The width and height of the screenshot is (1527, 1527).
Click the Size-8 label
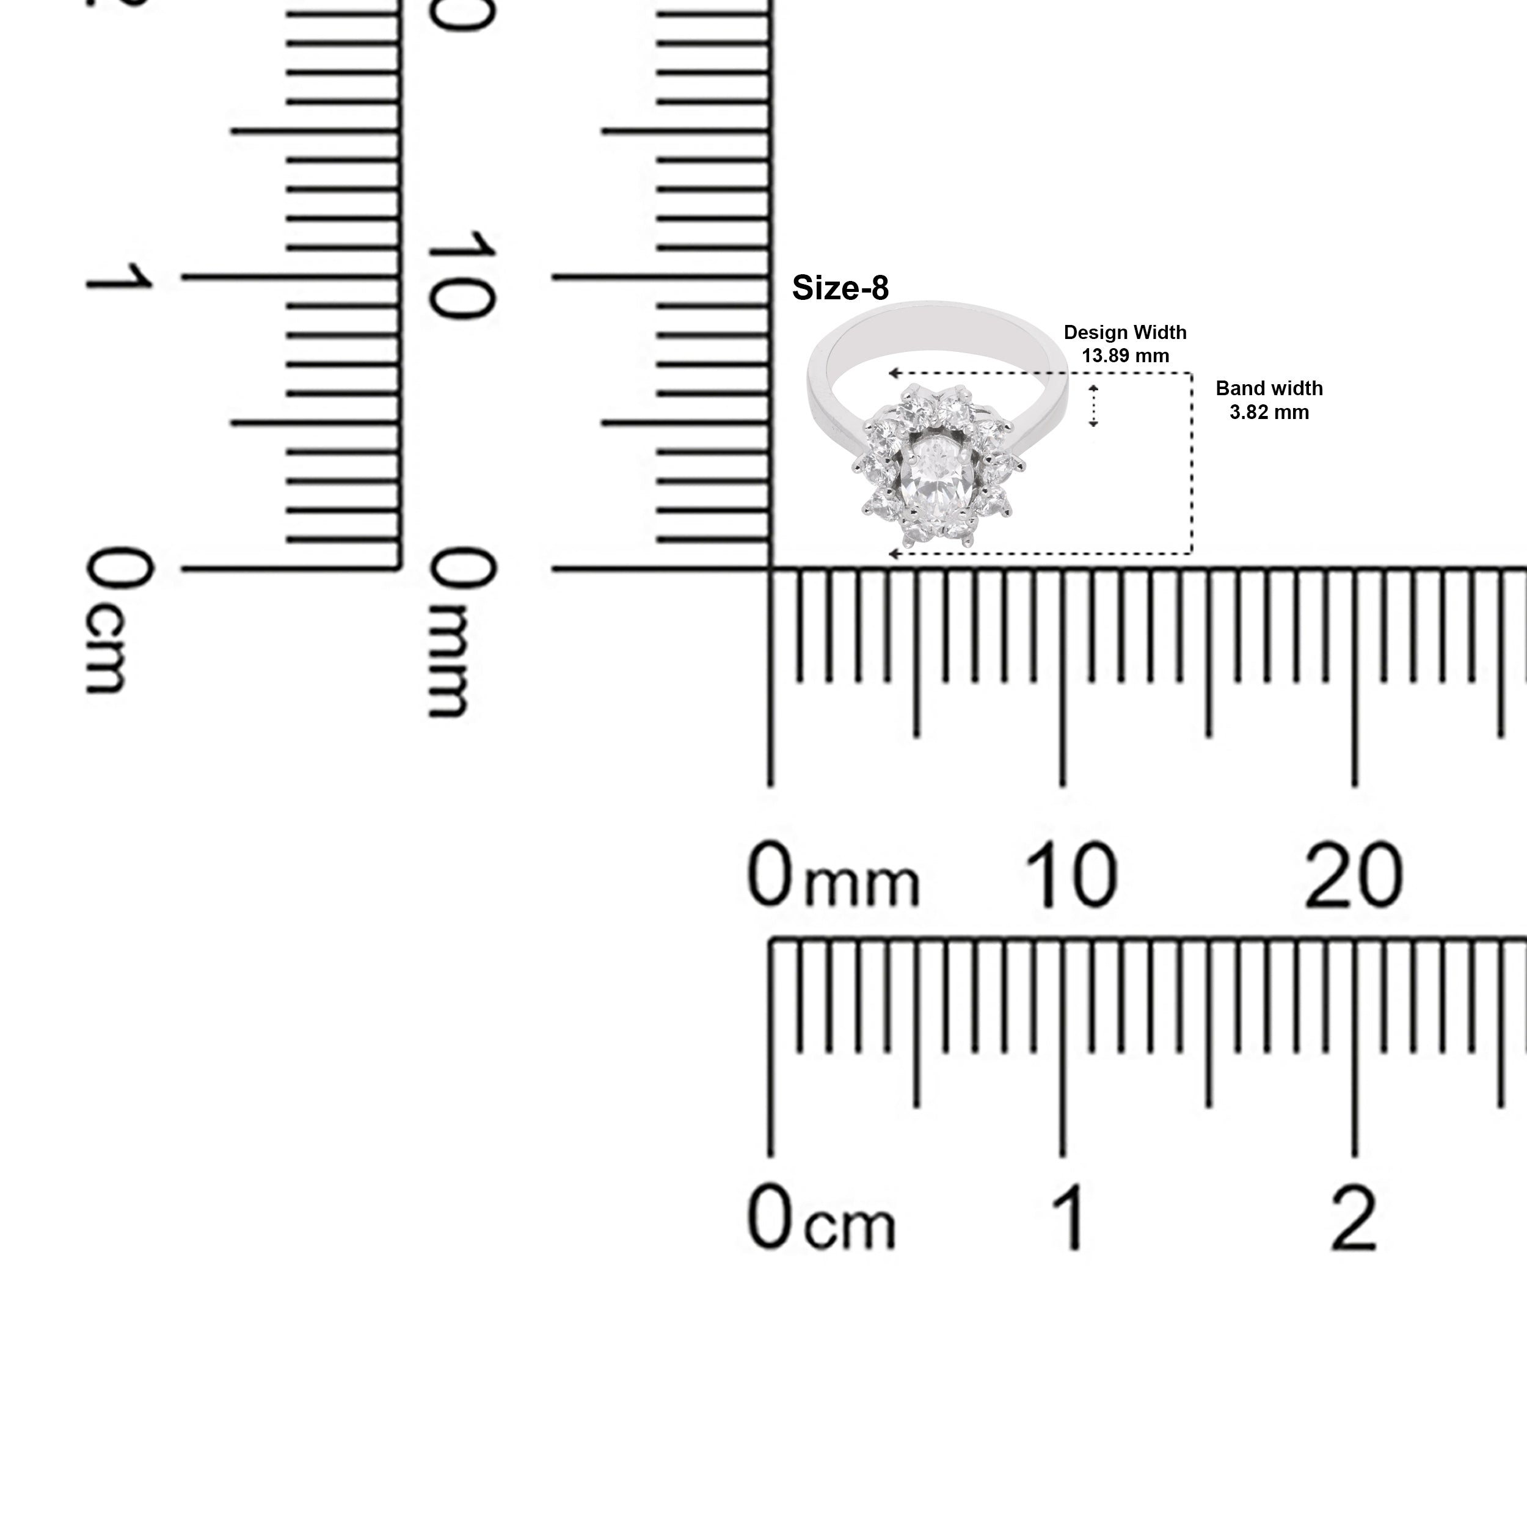point(840,288)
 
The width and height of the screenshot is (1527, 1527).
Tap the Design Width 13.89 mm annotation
point(1124,344)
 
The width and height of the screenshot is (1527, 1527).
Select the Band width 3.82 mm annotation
point(1269,400)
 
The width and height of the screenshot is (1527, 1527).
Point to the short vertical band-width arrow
point(1094,406)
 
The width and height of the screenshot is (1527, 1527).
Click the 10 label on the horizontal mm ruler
point(1071,875)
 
